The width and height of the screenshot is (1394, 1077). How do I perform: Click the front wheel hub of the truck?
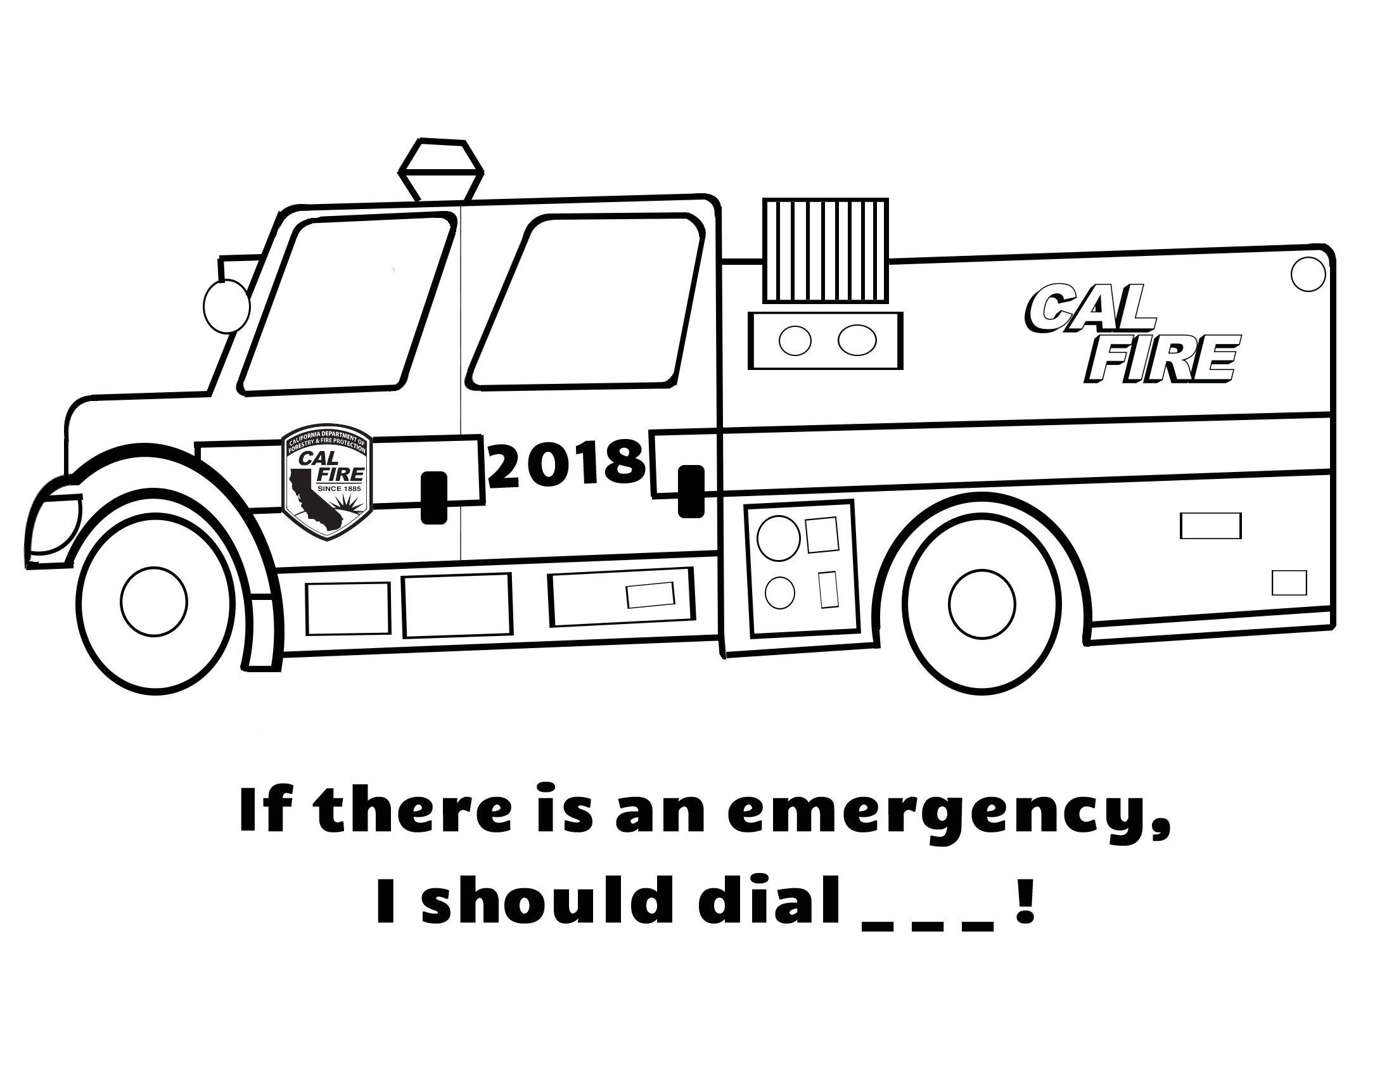(154, 601)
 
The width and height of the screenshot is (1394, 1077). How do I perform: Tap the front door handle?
(434, 498)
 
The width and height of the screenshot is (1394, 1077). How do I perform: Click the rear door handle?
(691, 491)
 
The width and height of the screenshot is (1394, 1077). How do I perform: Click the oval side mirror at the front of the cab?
(226, 307)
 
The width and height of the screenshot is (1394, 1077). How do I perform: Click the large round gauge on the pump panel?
(778, 538)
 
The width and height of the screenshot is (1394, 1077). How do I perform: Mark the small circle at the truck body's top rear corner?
(1308, 274)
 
